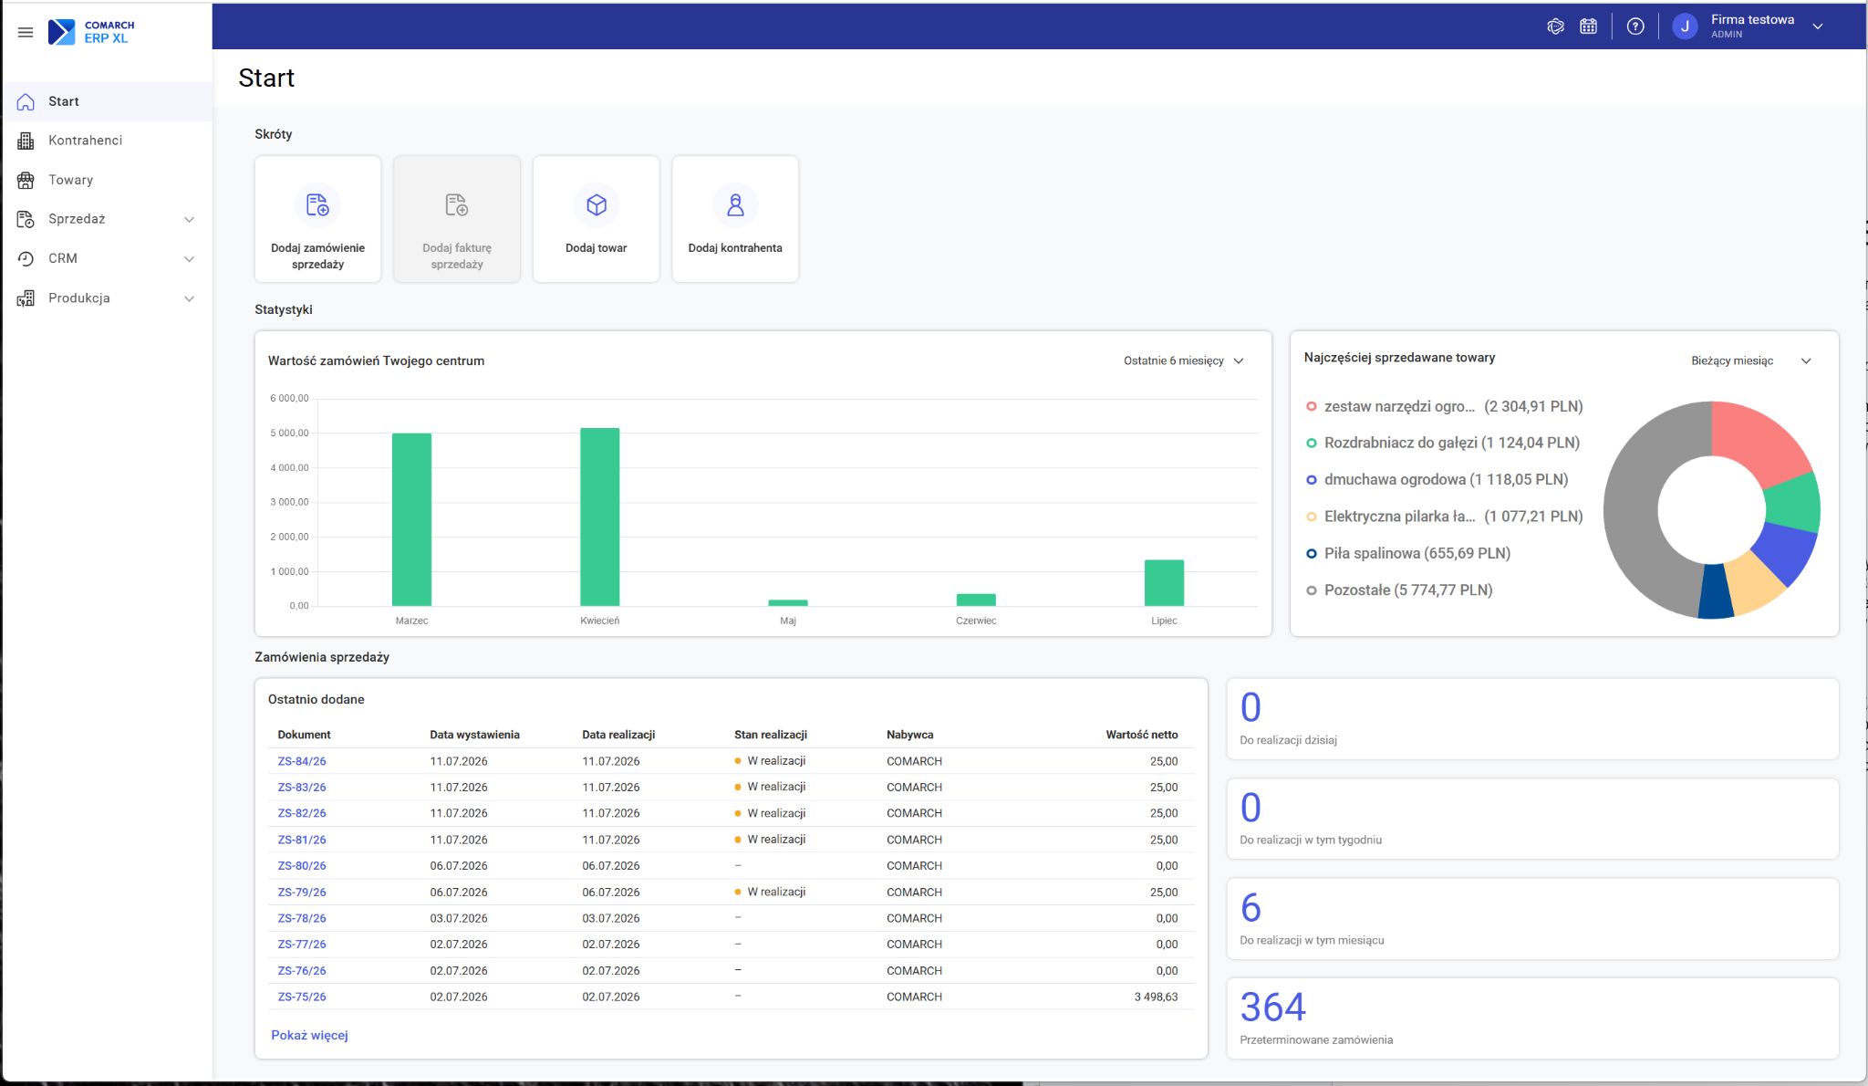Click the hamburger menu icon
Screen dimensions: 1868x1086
pos(26,32)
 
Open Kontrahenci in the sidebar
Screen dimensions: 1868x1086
pos(85,141)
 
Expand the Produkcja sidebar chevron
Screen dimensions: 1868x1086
pos(189,298)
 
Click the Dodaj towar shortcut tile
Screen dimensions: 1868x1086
pos(596,219)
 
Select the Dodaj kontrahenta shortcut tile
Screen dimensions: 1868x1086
pos(735,219)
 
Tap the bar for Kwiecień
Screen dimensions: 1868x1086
pos(600,517)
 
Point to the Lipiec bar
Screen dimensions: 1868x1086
pos(1164,582)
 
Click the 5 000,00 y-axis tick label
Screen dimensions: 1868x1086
pos(289,433)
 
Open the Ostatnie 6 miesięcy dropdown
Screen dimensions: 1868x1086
pos(1183,361)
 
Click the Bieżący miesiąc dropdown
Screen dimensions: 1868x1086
pos(1750,361)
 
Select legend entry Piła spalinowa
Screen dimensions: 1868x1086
pos(1408,553)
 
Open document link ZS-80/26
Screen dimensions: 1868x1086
pos(302,866)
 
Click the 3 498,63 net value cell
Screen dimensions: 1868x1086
pos(1156,997)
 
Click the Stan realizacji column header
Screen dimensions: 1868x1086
pos(771,735)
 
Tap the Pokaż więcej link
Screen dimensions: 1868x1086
pos(309,1036)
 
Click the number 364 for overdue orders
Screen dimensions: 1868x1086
pos(1273,1008)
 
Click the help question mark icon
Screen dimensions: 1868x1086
pos(1635,26)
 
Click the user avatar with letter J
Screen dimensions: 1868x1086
pos(1685,26)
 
